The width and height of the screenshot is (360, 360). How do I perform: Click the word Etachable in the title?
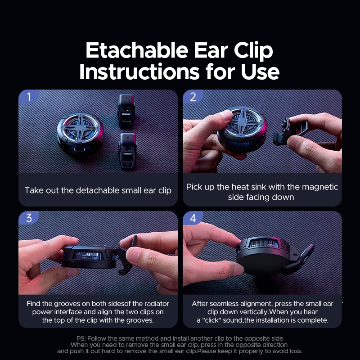[137, 50]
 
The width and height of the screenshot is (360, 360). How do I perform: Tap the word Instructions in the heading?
[139, 72]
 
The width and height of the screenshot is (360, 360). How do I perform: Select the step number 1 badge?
[29, 97]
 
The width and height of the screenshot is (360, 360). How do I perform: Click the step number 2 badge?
[193, 97]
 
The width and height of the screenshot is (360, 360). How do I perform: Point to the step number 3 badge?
[29, 218]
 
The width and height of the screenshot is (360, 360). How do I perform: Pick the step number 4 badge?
[193, 218]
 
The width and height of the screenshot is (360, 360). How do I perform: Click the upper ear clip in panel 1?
[126, 111]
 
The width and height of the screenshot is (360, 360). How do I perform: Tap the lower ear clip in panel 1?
[127, 151]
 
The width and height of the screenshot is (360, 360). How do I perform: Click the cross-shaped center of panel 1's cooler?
[81, 126]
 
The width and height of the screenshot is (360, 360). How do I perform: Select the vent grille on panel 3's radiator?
[87, 256]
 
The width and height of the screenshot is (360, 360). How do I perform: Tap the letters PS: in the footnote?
[81, 338]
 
